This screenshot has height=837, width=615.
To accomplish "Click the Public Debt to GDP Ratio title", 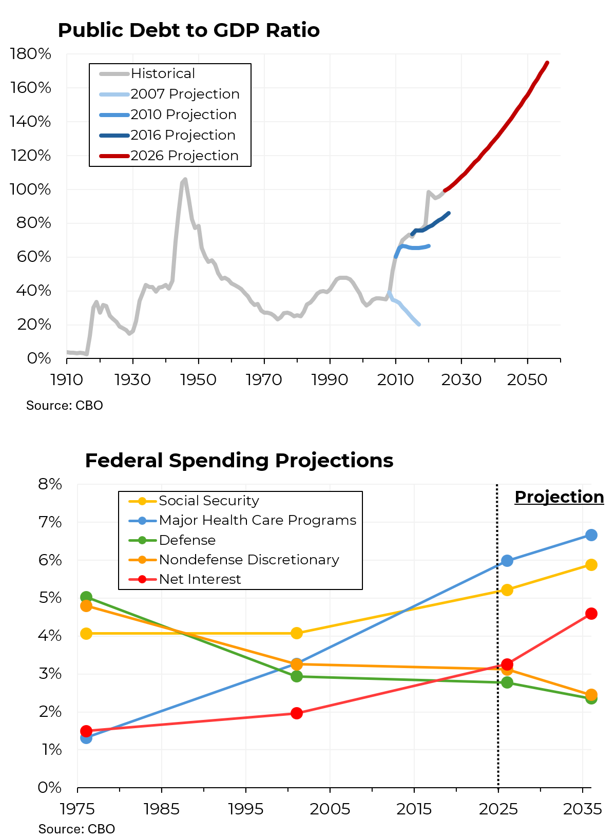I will [x=188, y=30].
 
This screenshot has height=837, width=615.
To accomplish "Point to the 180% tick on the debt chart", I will [x=31, y=54].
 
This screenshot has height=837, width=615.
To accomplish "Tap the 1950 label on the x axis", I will [x=198, y=379].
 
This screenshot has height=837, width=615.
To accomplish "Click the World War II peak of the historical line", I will [x=185, y=179].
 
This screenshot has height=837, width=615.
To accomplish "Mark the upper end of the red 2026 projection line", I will [x=547, y=63].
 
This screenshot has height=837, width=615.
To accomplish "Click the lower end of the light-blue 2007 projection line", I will [x=419, y=325].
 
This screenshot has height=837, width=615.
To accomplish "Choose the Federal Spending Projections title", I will [x=239, y=461].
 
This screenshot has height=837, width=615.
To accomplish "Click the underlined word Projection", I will [x=559, y=497].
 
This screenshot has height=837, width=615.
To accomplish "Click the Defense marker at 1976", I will [x=86, y=597].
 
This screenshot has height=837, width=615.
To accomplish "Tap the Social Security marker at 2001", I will [x=296, y=633].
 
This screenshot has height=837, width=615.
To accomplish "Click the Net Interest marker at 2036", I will [x=591, y=614].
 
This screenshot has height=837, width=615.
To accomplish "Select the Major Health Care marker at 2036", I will [x=591, y=535].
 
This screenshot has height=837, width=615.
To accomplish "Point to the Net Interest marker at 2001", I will [x=296, y=713].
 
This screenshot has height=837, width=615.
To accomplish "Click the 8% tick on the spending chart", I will [x=50, y=484].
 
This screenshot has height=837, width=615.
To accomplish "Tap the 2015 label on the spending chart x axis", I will [x=414, y=809].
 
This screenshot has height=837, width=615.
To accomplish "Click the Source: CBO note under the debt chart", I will [x=65, y=406].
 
